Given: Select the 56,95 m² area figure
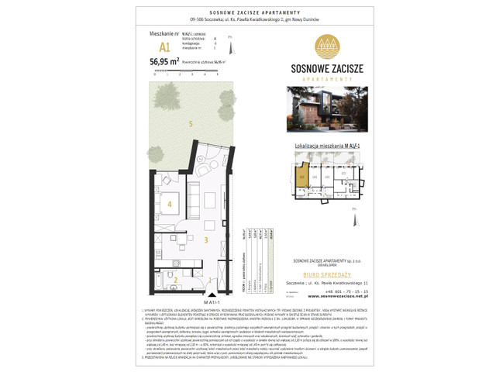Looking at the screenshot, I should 170,61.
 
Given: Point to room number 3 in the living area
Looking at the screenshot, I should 205,241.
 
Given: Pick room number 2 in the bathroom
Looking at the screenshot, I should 176,280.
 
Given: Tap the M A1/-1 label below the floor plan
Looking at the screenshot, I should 208,301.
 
